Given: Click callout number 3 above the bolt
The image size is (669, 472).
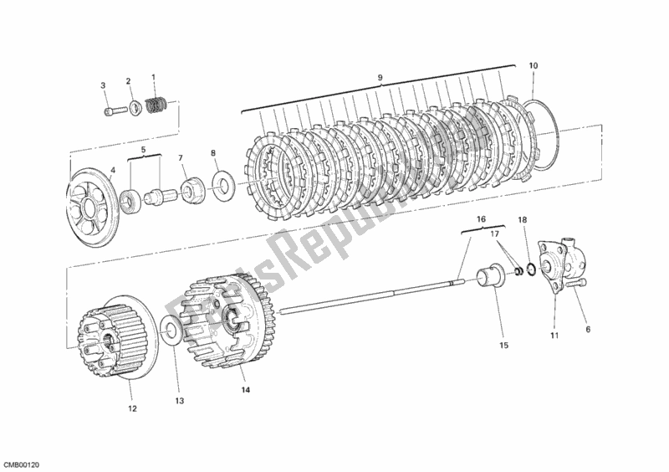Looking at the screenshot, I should click(103, 85).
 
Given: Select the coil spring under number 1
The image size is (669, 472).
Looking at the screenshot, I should click(154, 105).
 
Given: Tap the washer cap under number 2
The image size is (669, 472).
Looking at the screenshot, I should click(131, 107).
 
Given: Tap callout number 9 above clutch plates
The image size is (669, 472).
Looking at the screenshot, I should click(380, 78).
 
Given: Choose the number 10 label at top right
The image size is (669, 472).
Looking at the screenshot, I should click(534, 65).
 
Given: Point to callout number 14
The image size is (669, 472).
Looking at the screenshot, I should click(245, 390).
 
